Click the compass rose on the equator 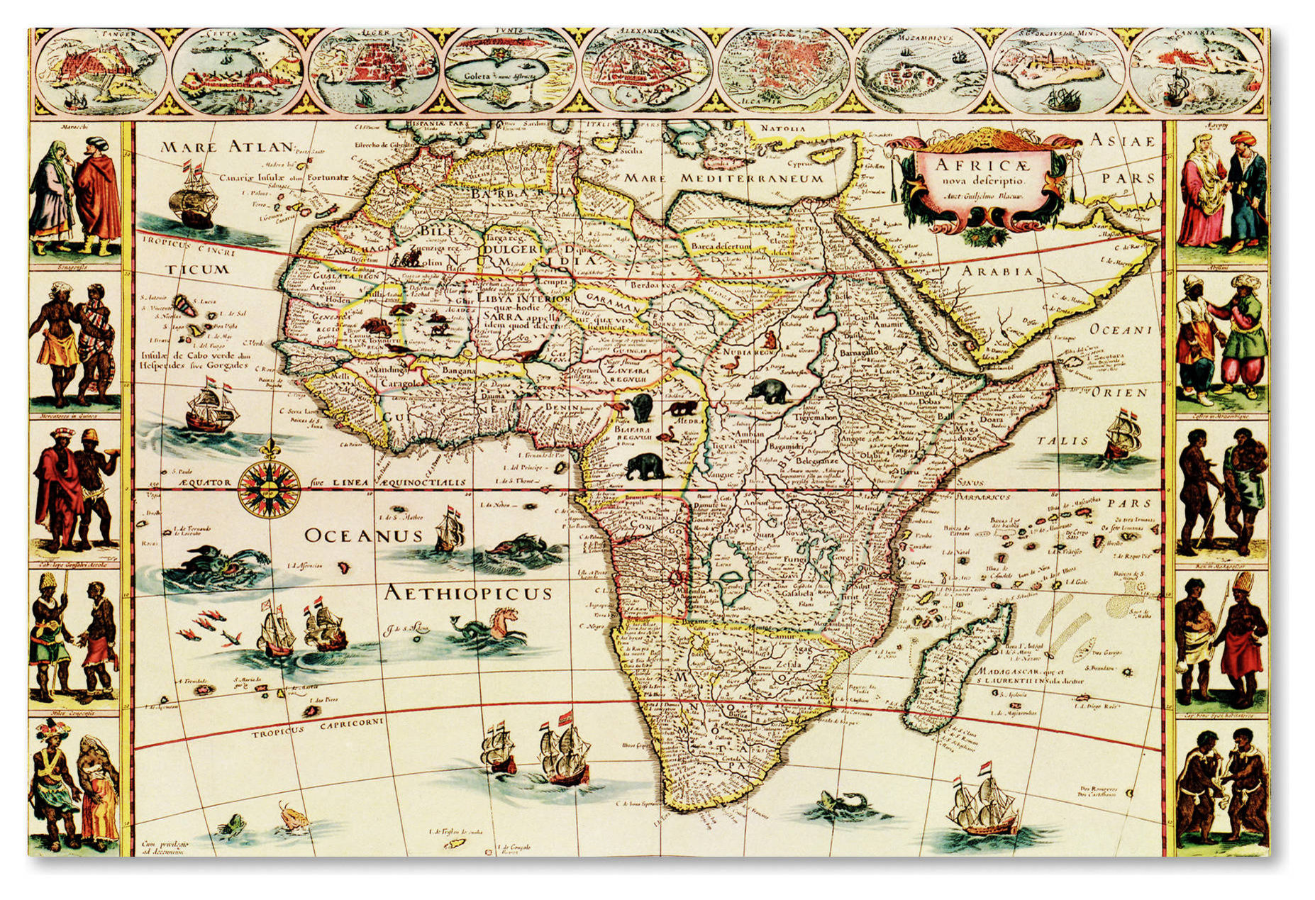[x=270, y=488]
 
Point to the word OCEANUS [x=363, y=535]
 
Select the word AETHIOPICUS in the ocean [x=467, y=593]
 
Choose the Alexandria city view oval [x=647, y=71]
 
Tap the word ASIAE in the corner [x=1121, y=141]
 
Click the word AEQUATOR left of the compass [x=205, y=483]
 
